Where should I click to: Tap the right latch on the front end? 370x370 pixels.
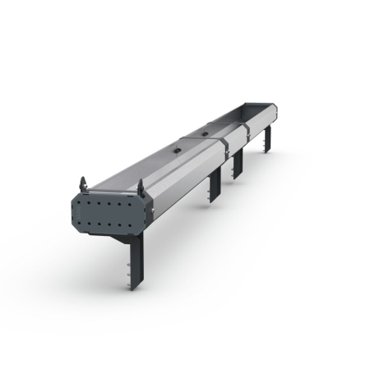(x=140, y=187)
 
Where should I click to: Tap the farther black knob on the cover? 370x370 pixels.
(x=204, y=130)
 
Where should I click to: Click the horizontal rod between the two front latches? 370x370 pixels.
(x=112, y=190)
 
